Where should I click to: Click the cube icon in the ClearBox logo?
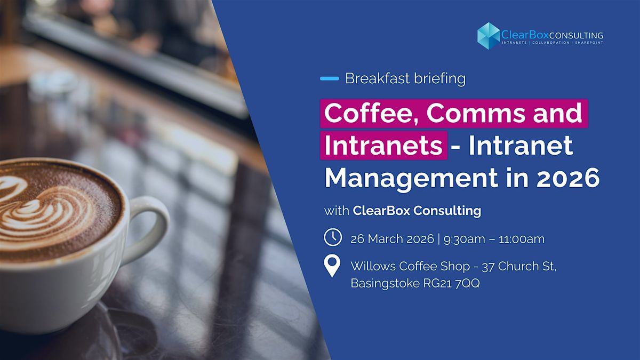pos(489,36)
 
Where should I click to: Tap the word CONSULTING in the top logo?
pos(576,35)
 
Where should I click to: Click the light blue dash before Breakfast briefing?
pos(330,78)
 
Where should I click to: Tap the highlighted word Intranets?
pos(383,146)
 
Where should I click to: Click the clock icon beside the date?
pos(333,237)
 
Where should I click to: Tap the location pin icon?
pos(332,266)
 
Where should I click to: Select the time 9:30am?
pos(465,239)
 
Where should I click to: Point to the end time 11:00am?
pos(522,239)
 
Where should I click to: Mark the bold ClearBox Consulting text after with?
pos(417,211)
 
